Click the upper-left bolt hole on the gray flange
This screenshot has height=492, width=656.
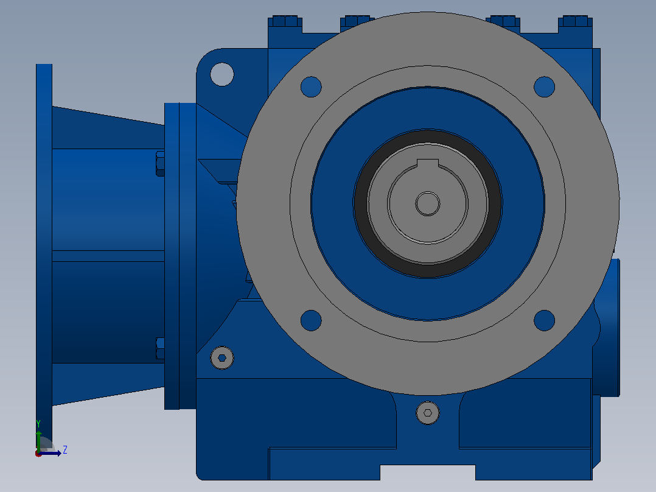tap(311, 86)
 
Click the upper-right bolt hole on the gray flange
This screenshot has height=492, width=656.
tap(544, 86)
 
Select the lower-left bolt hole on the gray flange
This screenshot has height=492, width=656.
tap(311, 320)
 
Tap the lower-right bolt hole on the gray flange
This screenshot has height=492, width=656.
tap(544, 320)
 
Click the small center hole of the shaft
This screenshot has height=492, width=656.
tap(428, 204)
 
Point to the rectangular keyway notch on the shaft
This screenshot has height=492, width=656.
tap(428, 163)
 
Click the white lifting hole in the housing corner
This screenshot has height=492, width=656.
tap(222, 74)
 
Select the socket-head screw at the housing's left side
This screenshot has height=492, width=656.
tap(222, 358)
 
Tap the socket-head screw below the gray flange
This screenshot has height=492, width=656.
tap(428, 413)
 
